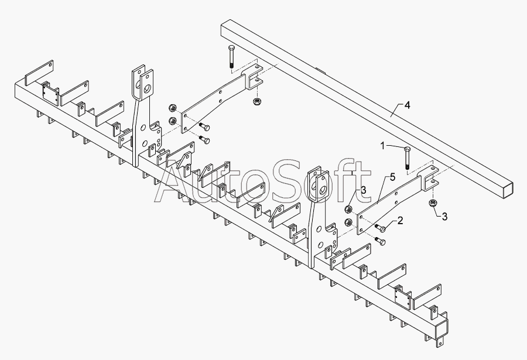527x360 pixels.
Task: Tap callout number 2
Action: pos(399,220)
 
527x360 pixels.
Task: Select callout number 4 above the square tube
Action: pos(408,105)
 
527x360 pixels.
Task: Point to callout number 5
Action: pos(392,176)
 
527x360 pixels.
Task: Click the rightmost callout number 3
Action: pos(444,217)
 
